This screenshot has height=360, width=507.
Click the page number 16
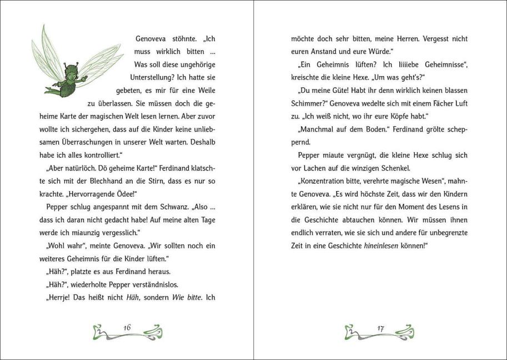pyautogui.click(x=127, y=328)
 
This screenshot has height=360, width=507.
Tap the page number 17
pyautogui.click(x=380, y=328)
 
